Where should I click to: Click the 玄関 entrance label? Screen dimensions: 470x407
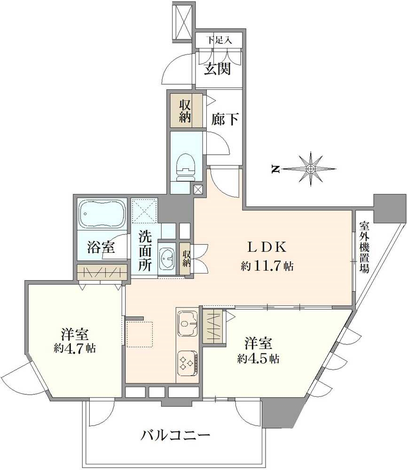217,70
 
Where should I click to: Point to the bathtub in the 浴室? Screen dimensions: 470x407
102,214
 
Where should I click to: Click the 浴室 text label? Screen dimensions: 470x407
102,247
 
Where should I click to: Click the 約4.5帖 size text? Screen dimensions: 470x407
258,358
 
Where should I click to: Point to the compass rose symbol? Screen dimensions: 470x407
311,168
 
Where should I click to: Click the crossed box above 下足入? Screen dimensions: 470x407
182,22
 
